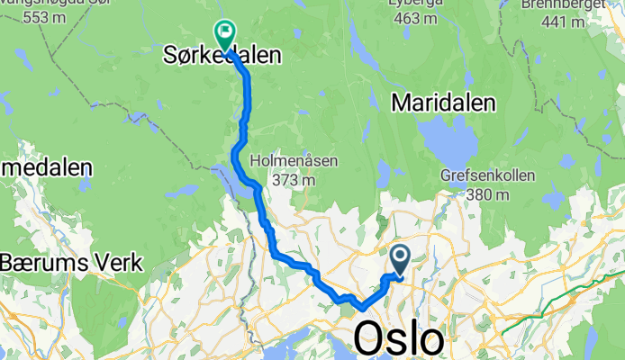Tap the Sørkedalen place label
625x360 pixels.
point(222,56)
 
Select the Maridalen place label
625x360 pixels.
point(444,104)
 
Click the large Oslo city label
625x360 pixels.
point(399,340)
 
